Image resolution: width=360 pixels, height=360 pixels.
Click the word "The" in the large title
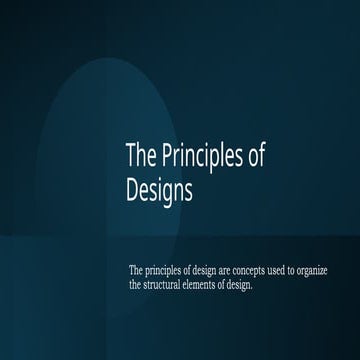pyautogui.click(x=139, y=157)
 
